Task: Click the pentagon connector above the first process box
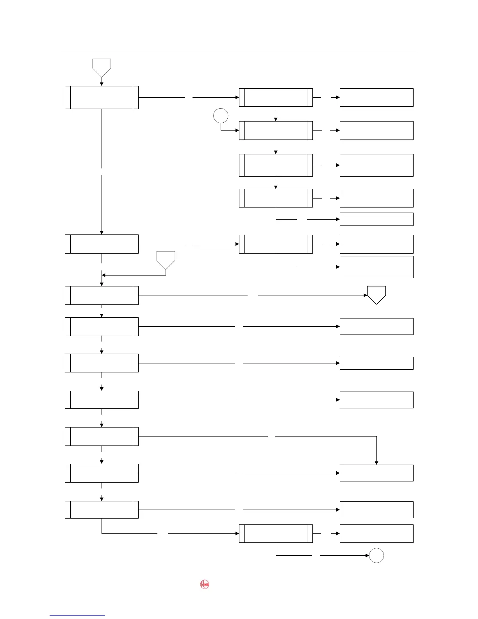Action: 102,67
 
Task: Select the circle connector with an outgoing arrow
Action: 221,116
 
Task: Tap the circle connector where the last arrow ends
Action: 376,555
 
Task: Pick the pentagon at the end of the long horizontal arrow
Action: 376,294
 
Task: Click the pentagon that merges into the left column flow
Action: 166,259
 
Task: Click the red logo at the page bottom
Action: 205,585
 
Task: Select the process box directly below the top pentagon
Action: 102,97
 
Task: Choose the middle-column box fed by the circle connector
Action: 276,130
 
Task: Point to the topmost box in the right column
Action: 376,97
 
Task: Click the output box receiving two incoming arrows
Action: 376,473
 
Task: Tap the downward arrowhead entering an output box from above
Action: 376,463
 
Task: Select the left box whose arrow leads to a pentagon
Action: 102,295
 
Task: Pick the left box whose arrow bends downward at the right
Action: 102,436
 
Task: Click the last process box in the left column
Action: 102,510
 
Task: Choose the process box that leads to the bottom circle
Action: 276,533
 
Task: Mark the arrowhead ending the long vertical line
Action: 102,233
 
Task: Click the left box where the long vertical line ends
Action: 102,244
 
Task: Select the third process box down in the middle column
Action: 276,165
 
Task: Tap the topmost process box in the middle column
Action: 276,97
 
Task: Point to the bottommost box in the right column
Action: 376,533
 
